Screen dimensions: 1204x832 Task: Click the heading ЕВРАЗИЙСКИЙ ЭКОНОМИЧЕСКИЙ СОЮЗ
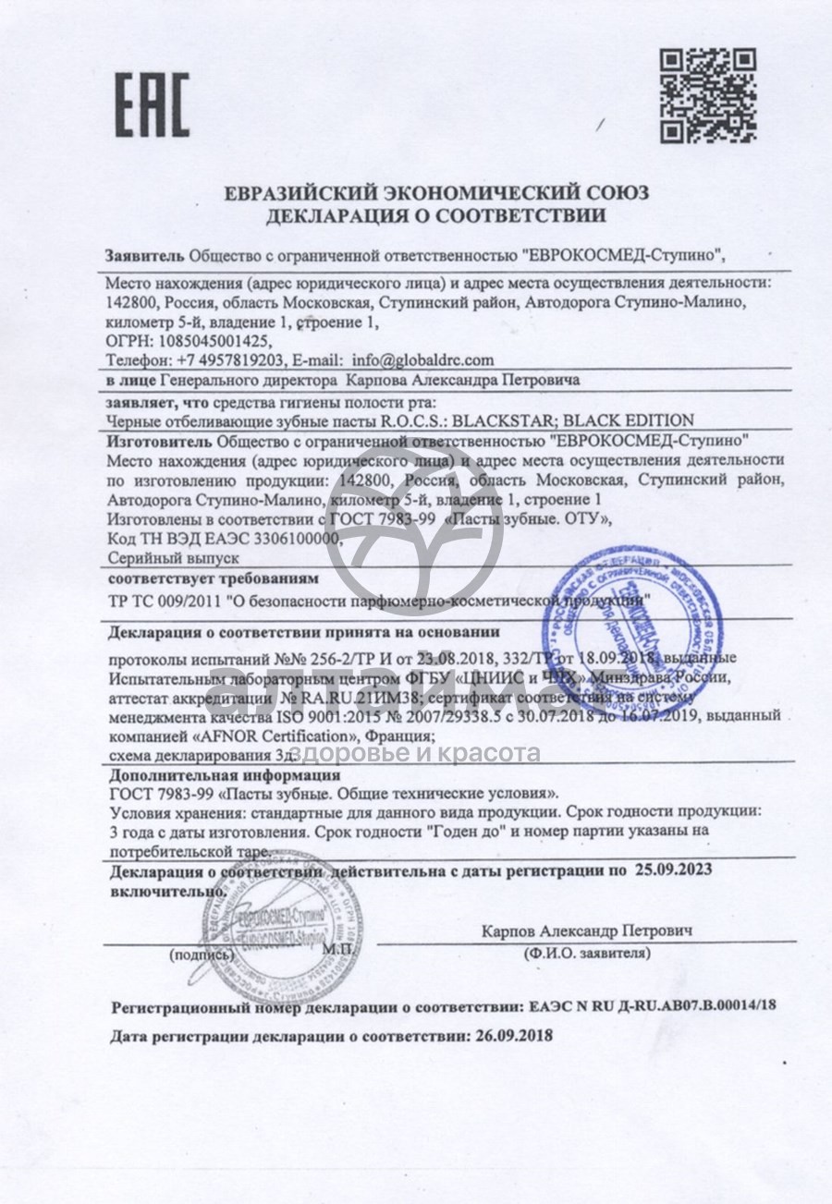(x=437, y=194)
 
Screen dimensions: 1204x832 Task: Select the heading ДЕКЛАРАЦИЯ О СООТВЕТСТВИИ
(x=436, y=217)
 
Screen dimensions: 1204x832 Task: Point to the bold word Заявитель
(x=145, y=253)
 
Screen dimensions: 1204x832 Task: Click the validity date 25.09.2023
(x=672, y=870)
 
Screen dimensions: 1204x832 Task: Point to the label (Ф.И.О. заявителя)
(x=586, y=952)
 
